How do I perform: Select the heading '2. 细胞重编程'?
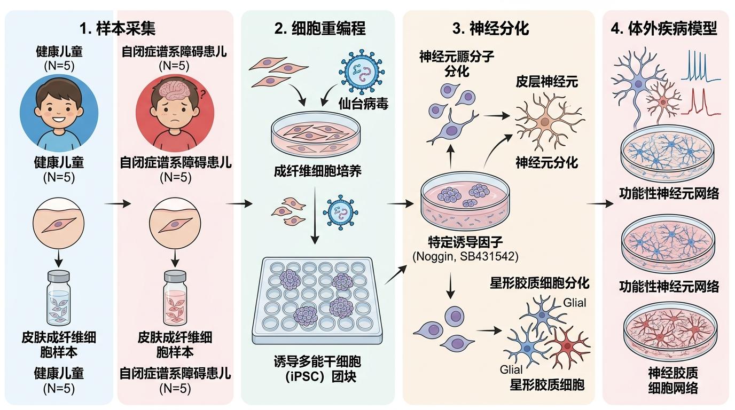tap(320, 28)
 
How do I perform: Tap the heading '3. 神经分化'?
tap(490, 28)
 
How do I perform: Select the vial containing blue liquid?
tap(59, 299)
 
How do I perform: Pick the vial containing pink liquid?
tap(175, 299)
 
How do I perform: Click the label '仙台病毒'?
tap(363, 104)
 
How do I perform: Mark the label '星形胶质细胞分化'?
tap(539, 282)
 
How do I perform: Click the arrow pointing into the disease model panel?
tap(599, 204)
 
